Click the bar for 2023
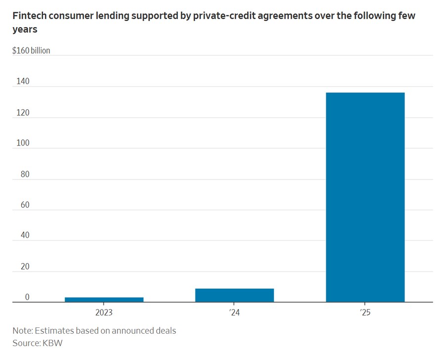point(104,299)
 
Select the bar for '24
point(234,295)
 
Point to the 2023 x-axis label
point(104,313)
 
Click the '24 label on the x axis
point(234,313)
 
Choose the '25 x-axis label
point(365,313)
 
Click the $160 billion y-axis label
point(31,50)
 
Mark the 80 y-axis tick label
point(24,174)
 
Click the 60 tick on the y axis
point(24,205)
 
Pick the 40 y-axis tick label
point(24,235)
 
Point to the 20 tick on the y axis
point(24,267)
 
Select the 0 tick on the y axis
point(27,297)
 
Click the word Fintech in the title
point(29,15)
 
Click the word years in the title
point(25,29)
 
